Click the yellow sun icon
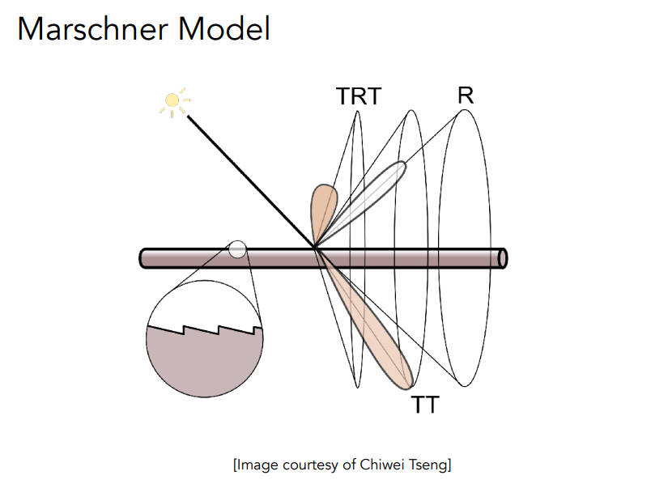pos(172,101)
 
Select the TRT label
pos(358,97)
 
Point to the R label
pos(465,96)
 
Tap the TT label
pos(424,404)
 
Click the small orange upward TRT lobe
pos(323,206)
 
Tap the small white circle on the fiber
pos(237,249)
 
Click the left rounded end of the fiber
pos(143,258)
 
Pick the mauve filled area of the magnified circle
pos(204,364)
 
